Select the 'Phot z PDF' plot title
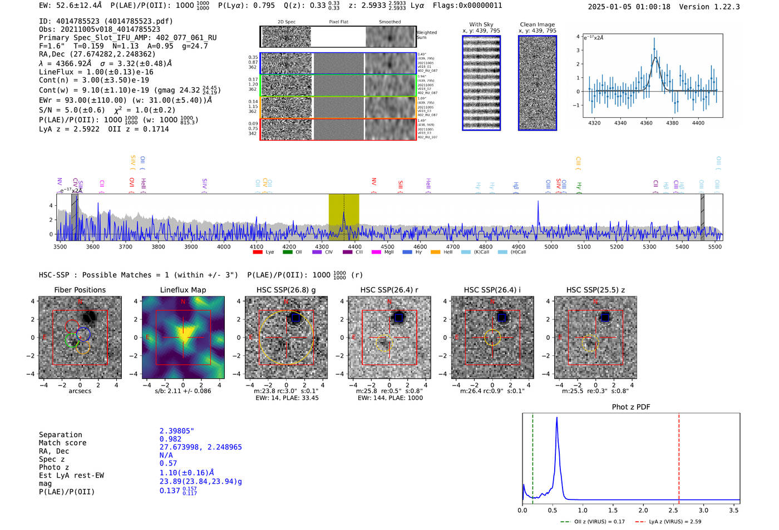(x=631, y=407)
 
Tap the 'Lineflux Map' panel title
(x=183, y=290)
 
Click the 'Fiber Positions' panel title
(x=80, y=290)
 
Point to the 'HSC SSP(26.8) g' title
(x=286, y=290)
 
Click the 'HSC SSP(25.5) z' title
(x=595, y=290)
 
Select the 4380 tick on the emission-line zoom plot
(x=672, y=123)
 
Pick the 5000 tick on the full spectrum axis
(x=551, y=247)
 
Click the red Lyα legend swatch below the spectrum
(x=257, y=252)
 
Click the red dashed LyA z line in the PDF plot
(x=679, y=456)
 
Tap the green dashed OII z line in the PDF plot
(x=533, y=456)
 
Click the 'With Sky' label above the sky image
(x=481, y=24)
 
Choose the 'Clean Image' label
(x=537, y=24)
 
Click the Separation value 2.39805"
(x=177, y=431)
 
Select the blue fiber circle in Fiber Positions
(x=83, y=334)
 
